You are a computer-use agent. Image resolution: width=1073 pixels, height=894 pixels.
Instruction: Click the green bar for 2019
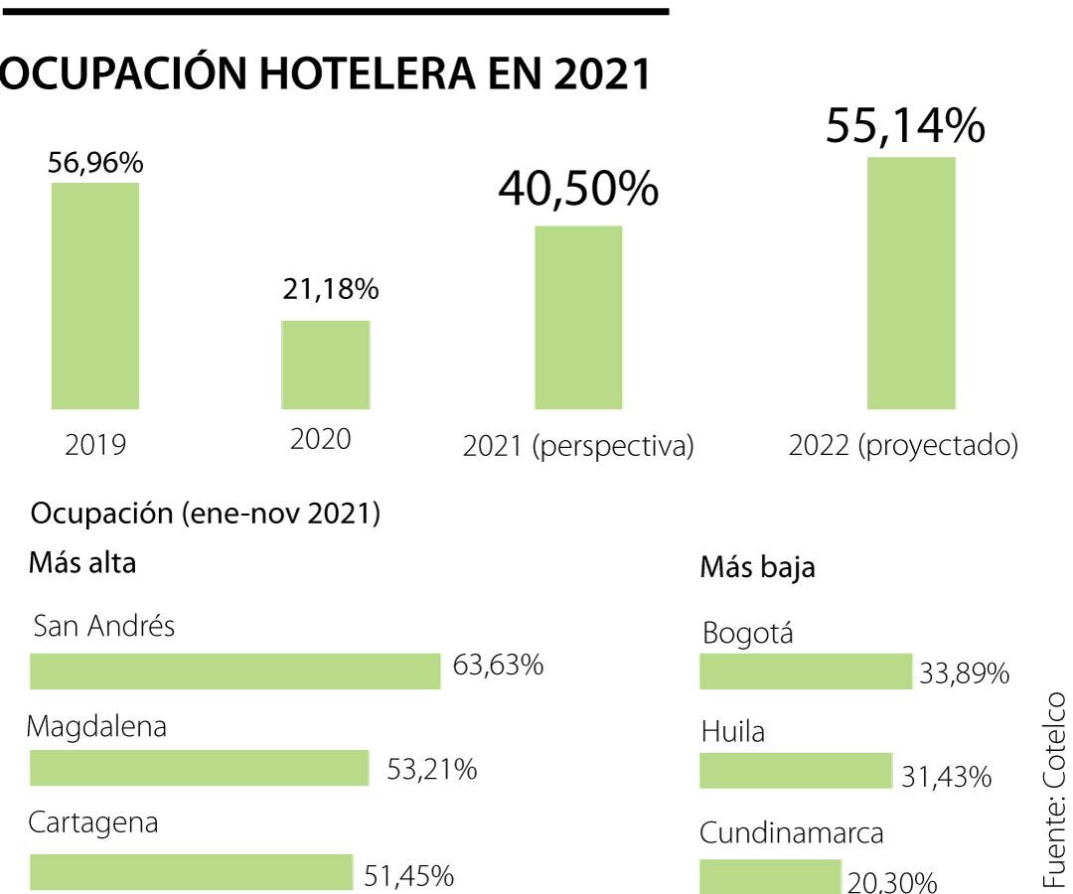click(95, 296)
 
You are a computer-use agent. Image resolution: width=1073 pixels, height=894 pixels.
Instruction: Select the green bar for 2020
click(326, 365)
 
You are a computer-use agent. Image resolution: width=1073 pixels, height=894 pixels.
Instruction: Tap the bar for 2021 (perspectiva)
click(578, 318)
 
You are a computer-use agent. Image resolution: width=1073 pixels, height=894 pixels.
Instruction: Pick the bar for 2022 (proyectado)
click(911, 283)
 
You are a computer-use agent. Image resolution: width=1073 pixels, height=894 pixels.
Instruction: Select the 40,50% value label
click(578, 189)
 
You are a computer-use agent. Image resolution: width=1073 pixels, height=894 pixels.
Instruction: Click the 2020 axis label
click(321, 440)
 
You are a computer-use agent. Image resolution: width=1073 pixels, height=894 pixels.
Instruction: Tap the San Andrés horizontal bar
click(234, 671)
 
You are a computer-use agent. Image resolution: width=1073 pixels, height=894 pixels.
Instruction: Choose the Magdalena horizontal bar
click(200, 769)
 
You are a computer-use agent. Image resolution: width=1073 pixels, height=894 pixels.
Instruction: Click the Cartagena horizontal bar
click(192, 871)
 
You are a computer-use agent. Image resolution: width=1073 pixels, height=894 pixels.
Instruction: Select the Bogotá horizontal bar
click(806, 671)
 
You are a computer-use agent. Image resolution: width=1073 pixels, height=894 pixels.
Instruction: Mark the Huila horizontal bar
click(796, 771)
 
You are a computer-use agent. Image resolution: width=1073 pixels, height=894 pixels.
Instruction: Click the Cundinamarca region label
click(792, 833)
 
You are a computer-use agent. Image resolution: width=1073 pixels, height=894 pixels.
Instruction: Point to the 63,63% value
click(498, 666)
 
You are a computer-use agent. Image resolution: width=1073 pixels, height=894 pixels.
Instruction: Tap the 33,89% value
click(965, 675)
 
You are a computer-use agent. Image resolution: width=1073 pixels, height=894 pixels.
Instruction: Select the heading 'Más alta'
click(83, 563)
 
